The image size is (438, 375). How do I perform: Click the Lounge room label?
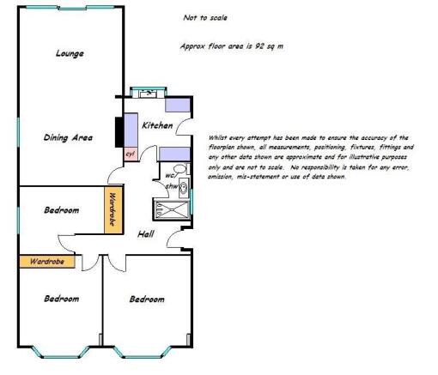(x=70, y=53)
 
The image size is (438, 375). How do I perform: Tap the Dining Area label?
(x=68, y=137)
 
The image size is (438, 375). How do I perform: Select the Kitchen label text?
(x=157, y=125)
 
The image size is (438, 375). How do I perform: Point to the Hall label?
(x=146, y=234)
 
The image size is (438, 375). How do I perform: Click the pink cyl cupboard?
(x=131, y=154)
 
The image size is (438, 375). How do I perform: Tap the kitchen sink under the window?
(x=148, y=94)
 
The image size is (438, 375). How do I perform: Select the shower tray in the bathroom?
(x=172, y=209)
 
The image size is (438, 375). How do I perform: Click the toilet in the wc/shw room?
(x=180, y=169)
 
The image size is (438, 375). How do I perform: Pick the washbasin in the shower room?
(x=184, y=188)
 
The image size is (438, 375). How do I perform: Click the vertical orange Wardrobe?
(x=113, y=210)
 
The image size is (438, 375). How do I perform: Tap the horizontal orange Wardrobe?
(x=47, y=262)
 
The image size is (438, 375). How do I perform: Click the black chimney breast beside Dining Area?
(x=119, y=132)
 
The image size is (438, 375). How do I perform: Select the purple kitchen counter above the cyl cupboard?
(x=131, y=130)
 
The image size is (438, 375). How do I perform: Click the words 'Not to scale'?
(x=205, y=18)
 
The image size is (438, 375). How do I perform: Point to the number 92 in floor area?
(x=259, y=46)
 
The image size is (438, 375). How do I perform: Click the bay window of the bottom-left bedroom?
(x=60, y=352)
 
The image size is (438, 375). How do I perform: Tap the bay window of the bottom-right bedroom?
(x=143, y=352)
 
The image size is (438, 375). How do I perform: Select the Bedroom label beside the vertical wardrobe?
(x=62, y=210)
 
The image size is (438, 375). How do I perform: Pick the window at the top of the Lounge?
(x=70, y=8)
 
